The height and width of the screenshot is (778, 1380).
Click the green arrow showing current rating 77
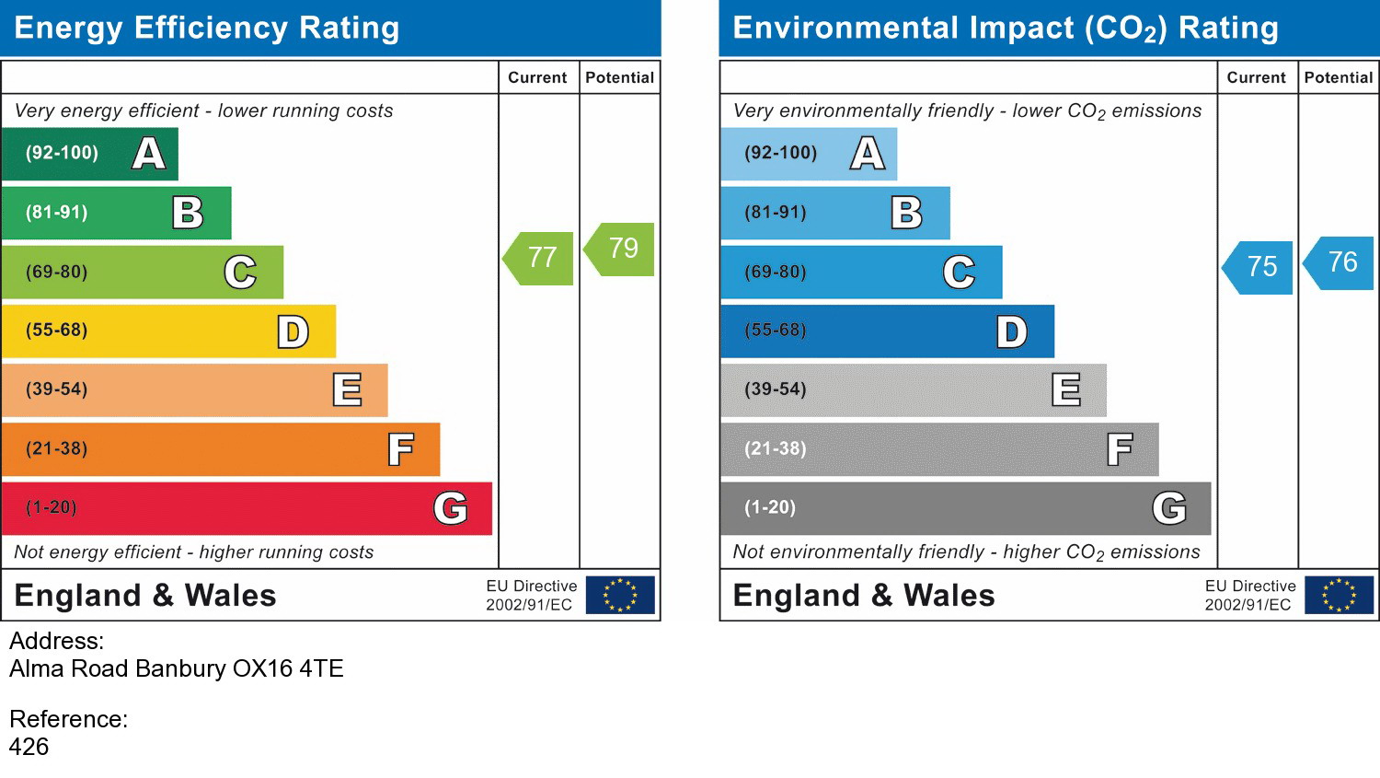tap(538, 259)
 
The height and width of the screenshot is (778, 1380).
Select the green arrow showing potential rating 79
tap(619, 250)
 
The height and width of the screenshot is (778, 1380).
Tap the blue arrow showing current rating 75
tap(1258, 268)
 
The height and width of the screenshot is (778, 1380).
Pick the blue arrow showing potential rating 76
tap(1338, 263)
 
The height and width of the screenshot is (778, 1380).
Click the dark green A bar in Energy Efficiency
tap(90, 154)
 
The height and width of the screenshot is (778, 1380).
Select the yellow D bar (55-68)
tap(168, 331)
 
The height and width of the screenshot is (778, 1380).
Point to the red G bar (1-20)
tap(247, 508)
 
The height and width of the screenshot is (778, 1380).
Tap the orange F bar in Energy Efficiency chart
tap(221, 449)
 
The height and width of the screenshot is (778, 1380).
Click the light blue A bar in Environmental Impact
tap(809, 154)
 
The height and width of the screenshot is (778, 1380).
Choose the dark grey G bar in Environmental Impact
tap(966, 508)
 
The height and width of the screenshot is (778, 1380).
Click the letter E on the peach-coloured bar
tap(347, 389)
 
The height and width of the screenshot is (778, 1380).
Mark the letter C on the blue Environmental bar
tap(959, 272)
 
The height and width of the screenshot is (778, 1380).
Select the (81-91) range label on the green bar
tap(57, 213)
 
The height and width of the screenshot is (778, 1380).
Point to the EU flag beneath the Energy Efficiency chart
tap(620, 595)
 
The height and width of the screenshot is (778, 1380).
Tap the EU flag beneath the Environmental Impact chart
tap(1339, 595)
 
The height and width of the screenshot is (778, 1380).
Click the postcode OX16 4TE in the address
tap(288, 668)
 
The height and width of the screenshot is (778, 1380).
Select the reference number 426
tap(29, 748)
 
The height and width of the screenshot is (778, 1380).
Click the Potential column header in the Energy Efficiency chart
tap(620, 77)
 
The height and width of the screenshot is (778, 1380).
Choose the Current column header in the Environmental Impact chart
tap(1256, 77)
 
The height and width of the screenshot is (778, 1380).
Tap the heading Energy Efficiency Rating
tap(207, 28)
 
